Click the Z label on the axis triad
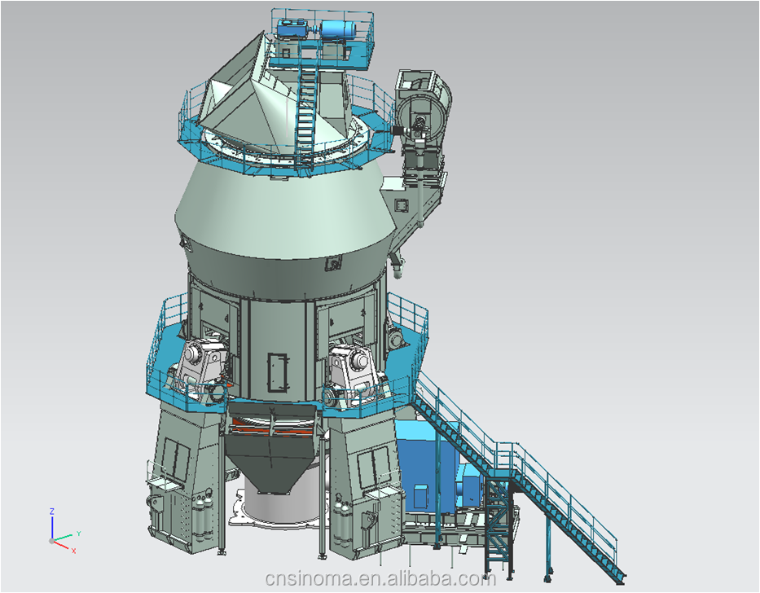52,512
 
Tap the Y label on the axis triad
78,534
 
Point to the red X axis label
73,551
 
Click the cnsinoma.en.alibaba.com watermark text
380,578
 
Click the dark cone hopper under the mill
271,463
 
